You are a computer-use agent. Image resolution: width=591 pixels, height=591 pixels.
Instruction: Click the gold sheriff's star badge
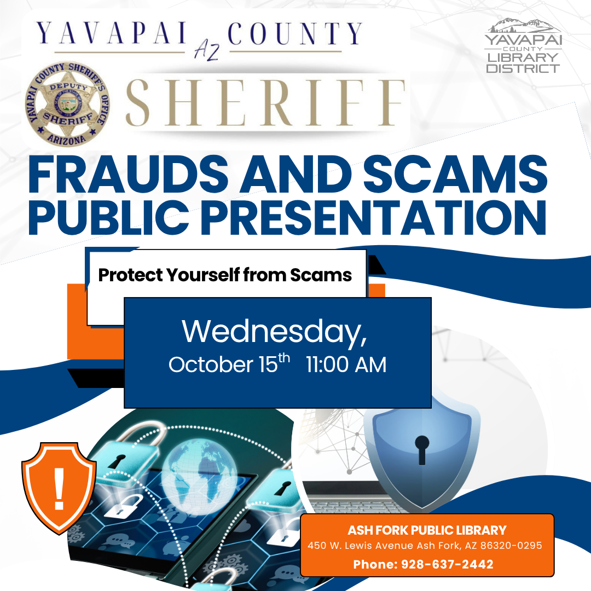point(67,103)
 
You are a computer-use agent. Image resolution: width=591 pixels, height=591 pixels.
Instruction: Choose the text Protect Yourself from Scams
point(225,275)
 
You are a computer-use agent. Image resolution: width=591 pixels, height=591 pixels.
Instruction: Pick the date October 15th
point(229,364)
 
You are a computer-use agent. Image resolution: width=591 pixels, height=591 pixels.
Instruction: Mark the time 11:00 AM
point(346,365)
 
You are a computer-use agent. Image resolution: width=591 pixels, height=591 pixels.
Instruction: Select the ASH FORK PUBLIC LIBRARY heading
point(427,530)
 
